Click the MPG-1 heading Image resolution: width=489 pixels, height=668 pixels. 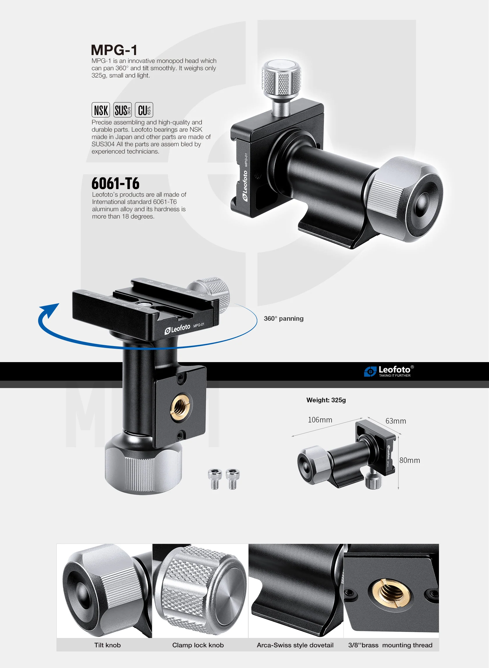pos(114,50)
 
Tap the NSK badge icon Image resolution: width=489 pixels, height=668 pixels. pos(101,110)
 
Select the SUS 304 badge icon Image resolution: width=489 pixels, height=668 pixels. pos(123,110)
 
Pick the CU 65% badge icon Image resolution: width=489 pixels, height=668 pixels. pos(144,110)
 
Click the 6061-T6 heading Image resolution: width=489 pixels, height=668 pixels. pos(116,183)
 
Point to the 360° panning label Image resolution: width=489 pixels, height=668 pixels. pos(284,318)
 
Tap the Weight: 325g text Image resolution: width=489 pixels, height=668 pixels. pos(326,400)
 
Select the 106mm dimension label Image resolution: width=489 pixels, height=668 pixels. pos(320,420)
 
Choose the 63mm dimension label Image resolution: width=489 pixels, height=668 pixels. pos(396,421)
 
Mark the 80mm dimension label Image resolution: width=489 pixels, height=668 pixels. pos(410,460)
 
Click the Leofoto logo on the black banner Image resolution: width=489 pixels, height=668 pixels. pos(389,371)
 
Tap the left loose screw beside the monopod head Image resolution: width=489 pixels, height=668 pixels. pos(215,479)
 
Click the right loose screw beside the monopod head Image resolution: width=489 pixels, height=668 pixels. pos(233,479)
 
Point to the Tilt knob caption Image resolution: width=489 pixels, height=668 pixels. pos(107,645)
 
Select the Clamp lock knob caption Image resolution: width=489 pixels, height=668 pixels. pos(198,645)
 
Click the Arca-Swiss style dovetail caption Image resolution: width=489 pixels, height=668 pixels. pos(295,645)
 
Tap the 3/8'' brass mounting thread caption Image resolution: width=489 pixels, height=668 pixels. pos(390,645)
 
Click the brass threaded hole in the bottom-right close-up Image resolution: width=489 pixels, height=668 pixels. pos(391,593)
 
